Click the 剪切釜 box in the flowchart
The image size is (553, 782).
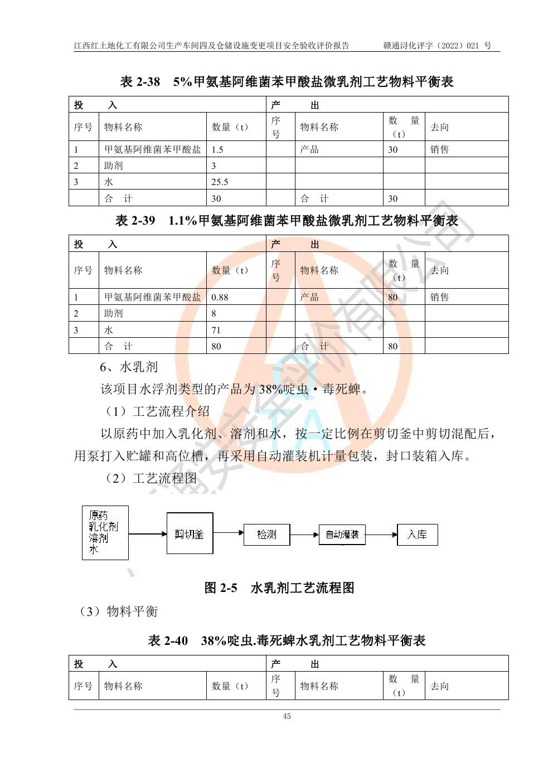point(190,534)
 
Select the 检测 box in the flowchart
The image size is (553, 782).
point(266,535)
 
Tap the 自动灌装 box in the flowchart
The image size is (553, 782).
point(342,535)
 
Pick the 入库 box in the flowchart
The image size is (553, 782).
point(417,535)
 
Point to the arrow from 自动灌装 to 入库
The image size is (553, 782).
point(381,535)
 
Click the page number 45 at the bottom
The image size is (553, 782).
point(287,716)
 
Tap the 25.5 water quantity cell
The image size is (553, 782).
point(220,182)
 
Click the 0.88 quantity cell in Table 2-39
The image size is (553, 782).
point(220,297)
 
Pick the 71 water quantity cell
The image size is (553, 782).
point(216,330)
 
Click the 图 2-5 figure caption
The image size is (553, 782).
point(279,588)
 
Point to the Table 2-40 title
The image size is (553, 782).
point(287,640)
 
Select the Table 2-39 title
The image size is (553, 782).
point(287,221)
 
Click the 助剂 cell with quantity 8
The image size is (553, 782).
point(114,313)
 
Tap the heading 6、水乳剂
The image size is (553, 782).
point(129,367)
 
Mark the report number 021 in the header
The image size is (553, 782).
point(473,46)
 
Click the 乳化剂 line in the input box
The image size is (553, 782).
point(104,527)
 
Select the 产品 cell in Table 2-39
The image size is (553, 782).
point(309,297)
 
